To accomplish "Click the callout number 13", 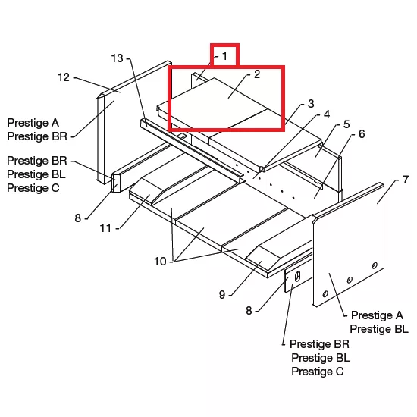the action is click(117, 58).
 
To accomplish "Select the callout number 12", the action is click(64, 77).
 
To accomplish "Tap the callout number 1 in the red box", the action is click(224, 56).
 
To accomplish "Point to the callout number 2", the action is click(257, 74).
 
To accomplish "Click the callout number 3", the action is click(311, 103).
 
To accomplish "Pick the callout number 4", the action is click(327, 114).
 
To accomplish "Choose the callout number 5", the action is click(346, 124).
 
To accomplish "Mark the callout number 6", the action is click(362, 134).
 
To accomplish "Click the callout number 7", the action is click(406, 180).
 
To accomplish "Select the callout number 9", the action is click(222, 295).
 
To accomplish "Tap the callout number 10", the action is click(160, 262).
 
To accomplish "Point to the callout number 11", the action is click(105, 228).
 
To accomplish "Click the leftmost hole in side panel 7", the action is click(325, 294).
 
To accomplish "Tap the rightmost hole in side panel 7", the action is click(375, 265).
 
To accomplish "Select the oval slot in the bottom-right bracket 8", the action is click(298, 277).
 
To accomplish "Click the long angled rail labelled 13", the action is click(192, 151).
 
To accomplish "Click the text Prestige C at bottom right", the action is click(318, 372).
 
